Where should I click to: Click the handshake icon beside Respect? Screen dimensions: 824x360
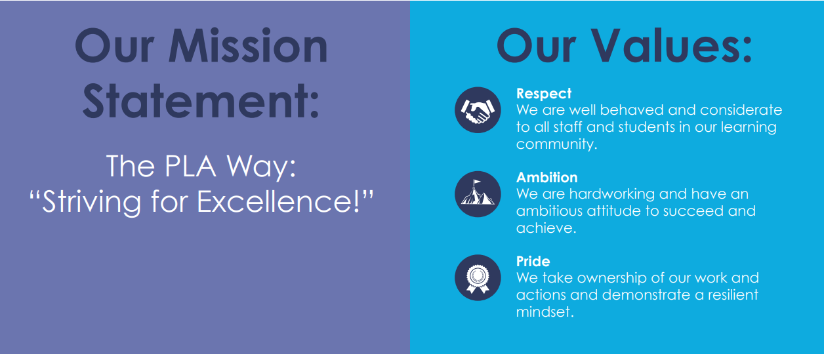(x=478, y=110)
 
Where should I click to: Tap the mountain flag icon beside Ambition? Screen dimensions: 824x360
(x=478, y=194)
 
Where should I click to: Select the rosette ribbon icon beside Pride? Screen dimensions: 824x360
(x=478, y=277)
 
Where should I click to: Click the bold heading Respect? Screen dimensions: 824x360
(x=544, y=94)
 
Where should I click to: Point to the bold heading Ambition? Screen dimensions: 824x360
(x=546, y=177)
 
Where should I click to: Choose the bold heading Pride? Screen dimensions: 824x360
(x=533, y=261)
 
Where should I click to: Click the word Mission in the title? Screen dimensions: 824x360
(x=248, y=46)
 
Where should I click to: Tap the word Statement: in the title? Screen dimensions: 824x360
(x=201, y=100)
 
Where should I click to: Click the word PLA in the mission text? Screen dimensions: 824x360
(x=190, y=166)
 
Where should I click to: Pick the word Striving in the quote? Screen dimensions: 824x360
(x=91, y=203)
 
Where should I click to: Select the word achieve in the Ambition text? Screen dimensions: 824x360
(x=544, y=228)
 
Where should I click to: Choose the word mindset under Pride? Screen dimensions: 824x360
(x=543, y=311)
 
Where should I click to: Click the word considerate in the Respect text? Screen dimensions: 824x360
(x=741, y=110)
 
